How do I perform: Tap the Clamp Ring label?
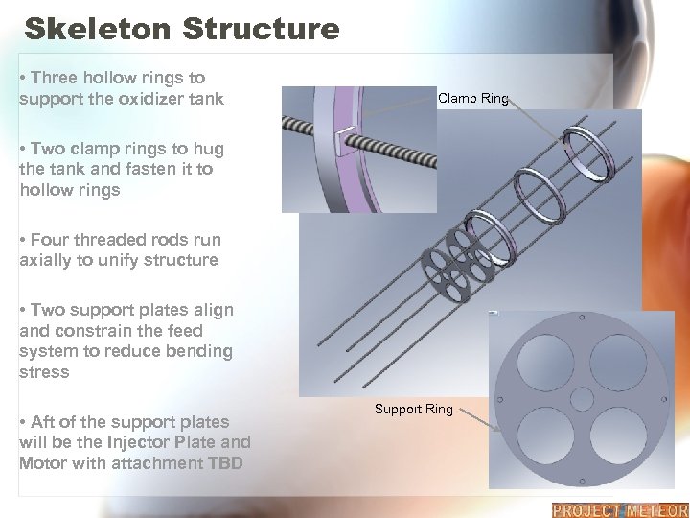tap(472, 99)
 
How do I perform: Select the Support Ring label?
tap(413, 410)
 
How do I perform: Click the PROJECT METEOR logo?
tap(619, 510)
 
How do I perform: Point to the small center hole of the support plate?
tap(582, 397)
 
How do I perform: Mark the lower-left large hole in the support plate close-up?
tap(543, 436)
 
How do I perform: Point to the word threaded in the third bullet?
tap(103, 239)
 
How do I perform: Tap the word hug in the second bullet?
tap(207, 148)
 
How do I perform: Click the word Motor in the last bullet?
tap(43, 463)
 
